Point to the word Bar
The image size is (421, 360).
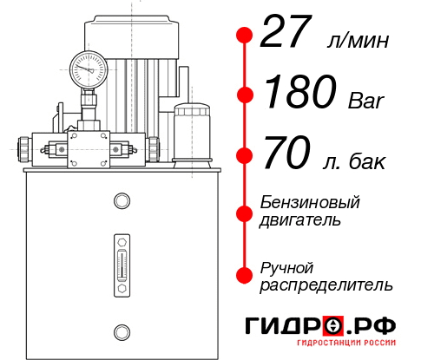365,101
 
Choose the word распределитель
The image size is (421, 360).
326,285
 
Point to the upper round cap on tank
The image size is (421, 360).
121,201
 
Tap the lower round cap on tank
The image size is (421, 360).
121,330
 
